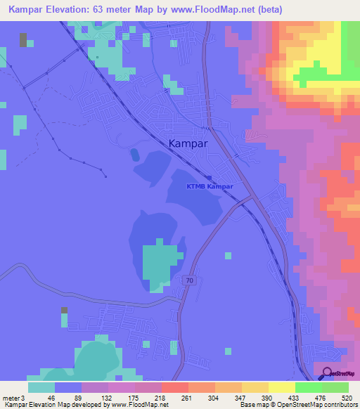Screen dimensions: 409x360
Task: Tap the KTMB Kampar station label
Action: pyautogui.click(x=209, y=186)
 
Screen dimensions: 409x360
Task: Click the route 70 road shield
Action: pyautogui.click(x=190, y=280)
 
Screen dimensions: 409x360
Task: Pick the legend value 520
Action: pyautogui.click(x=345, y=397)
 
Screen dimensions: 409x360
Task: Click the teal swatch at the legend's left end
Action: pyautogui.click(x=41, y=387)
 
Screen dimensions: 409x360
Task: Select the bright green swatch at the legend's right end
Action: pyautogui.click(x=335, y=387)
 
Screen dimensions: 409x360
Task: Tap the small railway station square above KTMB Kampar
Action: pyautogui.click(x=209, y=177)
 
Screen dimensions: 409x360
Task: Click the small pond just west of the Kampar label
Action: pyautogui.click(x=134, y=152)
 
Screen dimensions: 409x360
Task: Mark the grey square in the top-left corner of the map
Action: pyautogui.click(x=23, y=39)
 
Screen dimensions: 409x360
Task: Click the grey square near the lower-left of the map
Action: pyautogui.click(x=65, y=310)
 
